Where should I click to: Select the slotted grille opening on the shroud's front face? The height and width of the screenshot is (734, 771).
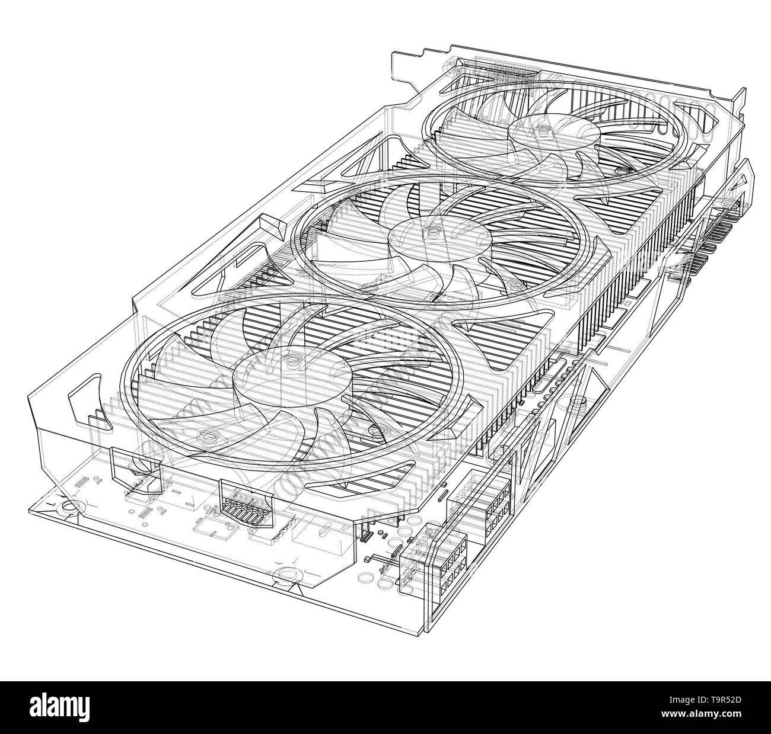pos(244,501)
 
